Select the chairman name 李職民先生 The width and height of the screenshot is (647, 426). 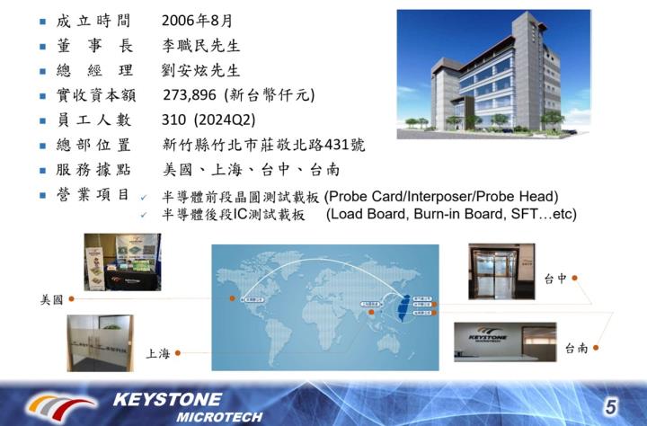click(x=201, y=45)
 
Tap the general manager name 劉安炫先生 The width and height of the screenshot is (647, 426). click(x=201, y=70)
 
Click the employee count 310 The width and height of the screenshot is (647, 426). click(x=174, y=120)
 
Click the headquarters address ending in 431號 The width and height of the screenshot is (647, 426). click(x=264, y=145)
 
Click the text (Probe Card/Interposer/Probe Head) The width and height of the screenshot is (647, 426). click(x=441, y=197)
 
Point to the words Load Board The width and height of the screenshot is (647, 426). click(x=364, y=215)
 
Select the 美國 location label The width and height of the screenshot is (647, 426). click(x=52, y=299)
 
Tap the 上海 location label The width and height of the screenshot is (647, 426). click(x=158, y=353)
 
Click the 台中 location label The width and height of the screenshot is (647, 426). click(x=555, y=279)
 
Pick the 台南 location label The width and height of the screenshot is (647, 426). click(x=577, y=348)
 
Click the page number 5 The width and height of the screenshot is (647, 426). click(x=610, y=405)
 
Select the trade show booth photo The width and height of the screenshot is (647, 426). click(x=121, y=262)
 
